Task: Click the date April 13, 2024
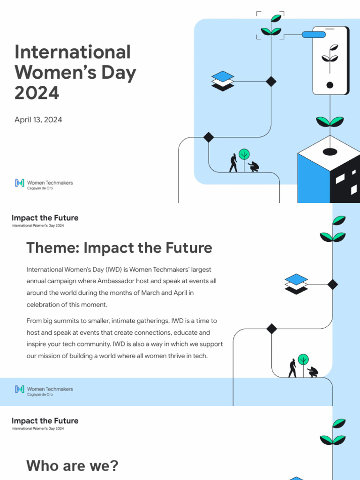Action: pos(38,120)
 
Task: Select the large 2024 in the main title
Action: pos(37,93)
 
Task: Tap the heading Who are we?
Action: pos(73,466)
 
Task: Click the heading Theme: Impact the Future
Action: pos(119,247)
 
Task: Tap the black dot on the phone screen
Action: pos(330,85)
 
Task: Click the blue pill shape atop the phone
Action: pos(314,34)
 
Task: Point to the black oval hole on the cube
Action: pos(330,151)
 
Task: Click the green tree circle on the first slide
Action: pos(244,154)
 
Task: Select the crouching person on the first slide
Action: pos(254,166)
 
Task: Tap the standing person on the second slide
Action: pos(292,368)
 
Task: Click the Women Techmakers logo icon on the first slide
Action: pos(19,183)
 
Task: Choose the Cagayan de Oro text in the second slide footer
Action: pos(40,395)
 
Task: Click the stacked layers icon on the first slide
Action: pos(223,81)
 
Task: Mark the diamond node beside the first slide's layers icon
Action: pos(271,81)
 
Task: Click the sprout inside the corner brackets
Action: pos(271,26)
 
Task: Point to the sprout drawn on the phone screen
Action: pos(330,55)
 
